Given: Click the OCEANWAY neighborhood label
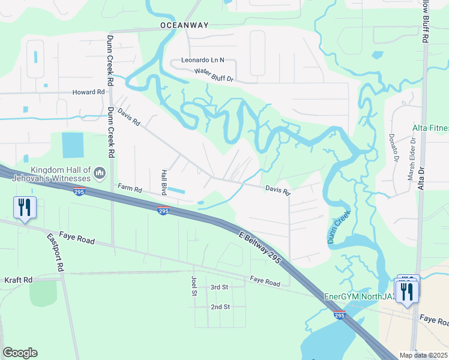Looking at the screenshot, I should click(x=184, y=25).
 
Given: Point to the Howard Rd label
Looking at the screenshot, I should click(x=88, y=92).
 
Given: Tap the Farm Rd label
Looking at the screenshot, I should click(x=130, y=189).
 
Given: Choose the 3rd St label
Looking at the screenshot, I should click(x=220, y=287).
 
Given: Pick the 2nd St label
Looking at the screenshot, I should click(x=220, y=307).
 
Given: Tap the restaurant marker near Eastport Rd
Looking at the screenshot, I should click(x=25, y=208).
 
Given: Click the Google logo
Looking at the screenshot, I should click(x=20, y=353).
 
